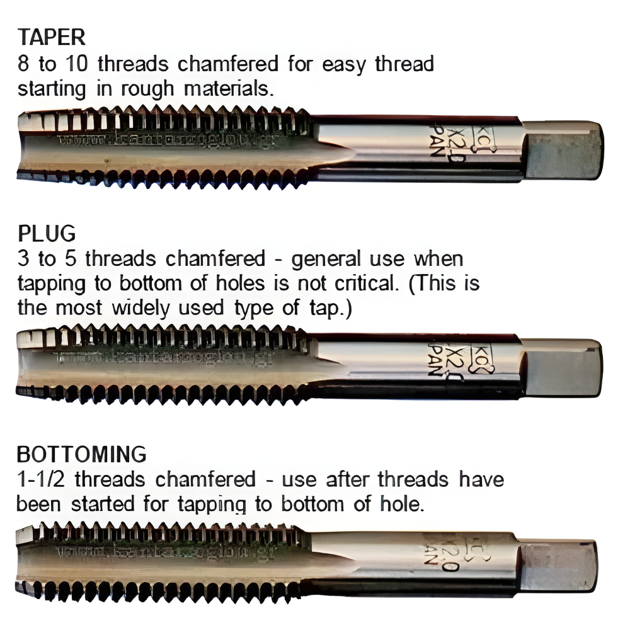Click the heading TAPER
[x=51, y=38]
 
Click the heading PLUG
[x=46, y=233]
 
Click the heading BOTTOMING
[x=81, y=454]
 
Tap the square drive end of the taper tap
[x=563, y=149]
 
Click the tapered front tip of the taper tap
[x=28, y=145]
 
